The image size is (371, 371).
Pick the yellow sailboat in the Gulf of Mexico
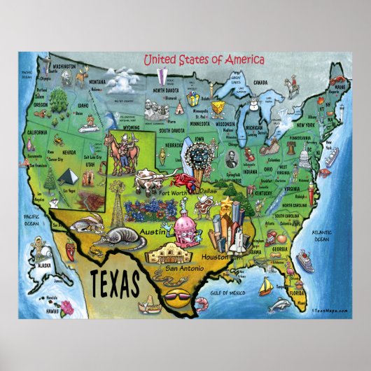[264, 286]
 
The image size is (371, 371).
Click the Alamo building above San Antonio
[175, 253]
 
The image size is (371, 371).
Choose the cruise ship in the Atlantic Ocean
[307, 261]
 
